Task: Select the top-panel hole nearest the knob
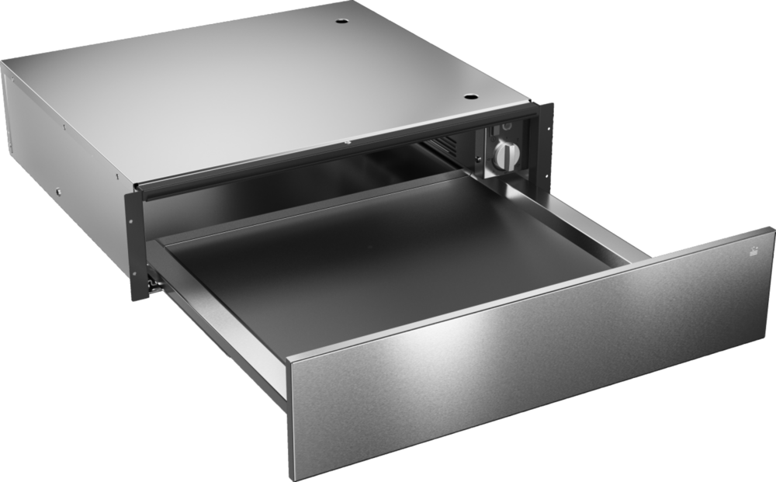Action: (x=469, y=97)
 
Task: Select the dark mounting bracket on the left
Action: (x=133, y=225)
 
